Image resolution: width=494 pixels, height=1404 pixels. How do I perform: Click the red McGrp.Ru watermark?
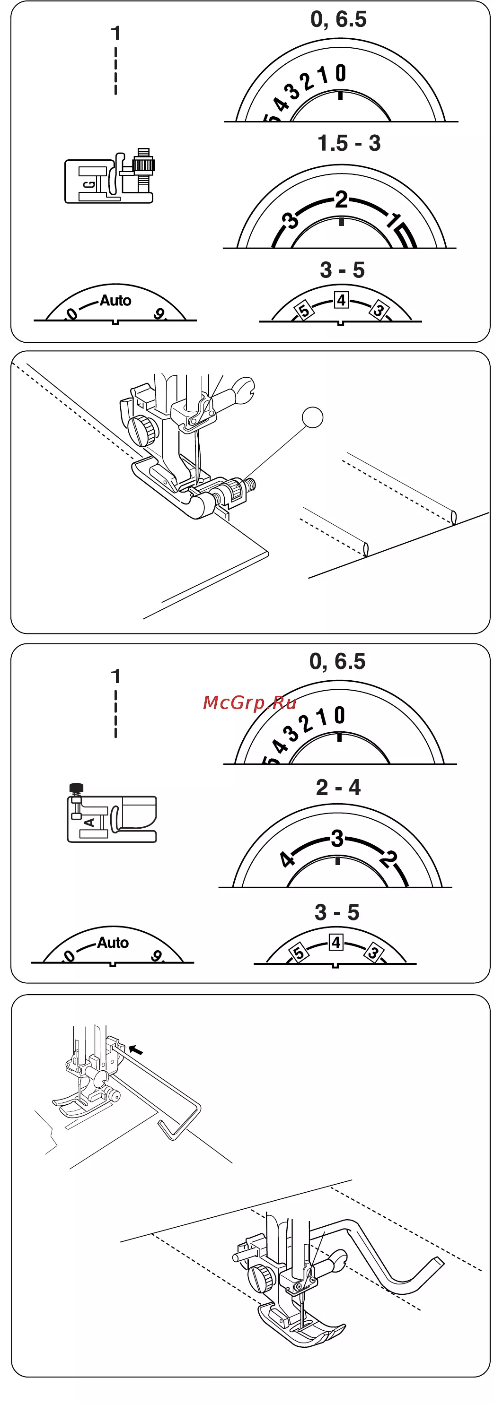249,702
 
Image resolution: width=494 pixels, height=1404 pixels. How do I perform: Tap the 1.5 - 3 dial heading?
349,143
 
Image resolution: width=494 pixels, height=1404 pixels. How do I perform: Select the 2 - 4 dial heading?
338,788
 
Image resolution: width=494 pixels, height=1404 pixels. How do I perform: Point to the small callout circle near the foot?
312,417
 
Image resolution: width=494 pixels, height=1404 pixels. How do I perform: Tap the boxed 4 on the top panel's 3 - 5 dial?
341,300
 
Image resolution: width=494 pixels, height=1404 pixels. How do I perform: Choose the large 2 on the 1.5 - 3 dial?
341,199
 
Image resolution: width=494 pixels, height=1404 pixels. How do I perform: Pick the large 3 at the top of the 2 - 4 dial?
337,838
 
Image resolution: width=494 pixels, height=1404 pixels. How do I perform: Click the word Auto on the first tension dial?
115,300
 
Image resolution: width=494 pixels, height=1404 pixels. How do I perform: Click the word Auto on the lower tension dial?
113,942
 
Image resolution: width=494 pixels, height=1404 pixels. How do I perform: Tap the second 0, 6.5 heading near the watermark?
337,661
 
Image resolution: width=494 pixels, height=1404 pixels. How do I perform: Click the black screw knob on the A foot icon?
76,788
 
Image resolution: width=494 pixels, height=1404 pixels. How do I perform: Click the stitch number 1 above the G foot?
115,33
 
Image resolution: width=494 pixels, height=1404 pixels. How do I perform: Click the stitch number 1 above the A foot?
115,676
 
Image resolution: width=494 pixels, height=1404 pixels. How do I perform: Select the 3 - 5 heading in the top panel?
343,270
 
